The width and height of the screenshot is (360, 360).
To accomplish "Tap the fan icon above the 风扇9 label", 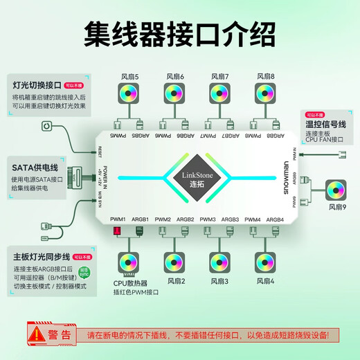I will pyautogui.click(x=336, y=188).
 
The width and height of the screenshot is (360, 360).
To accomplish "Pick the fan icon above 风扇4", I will pyautogui.click(x=263, y=260).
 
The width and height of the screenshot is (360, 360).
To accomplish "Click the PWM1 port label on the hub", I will pyautogui.click(x=118, y=219).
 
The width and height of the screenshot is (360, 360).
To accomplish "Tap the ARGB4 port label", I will pyautogui.click(x=275, y=219).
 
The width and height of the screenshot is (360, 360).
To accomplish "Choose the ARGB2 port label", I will pyautogui.click(x=185, y=219).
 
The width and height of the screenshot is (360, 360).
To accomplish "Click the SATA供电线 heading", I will pyautogui.click(x=35, y=166).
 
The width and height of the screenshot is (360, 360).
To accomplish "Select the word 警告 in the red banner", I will pyautogui.click(x=60, y=334).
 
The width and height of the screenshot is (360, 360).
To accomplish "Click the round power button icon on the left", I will pyautogui.click(x=46, y=127).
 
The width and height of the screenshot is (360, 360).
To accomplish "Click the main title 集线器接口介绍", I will pyautogui.click(x=179, y=32).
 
